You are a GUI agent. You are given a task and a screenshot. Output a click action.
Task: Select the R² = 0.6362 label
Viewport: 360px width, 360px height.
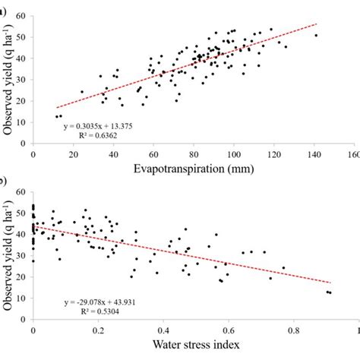98,137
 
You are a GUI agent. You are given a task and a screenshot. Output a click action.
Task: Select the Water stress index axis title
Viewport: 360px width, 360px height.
191,346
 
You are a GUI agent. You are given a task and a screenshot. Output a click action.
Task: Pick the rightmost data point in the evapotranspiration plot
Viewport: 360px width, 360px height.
316,35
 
